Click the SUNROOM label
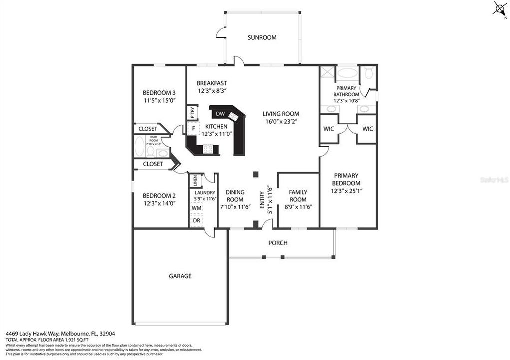pyautogui.click(x=262, y=37)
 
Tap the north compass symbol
pyautogui.click(x=500, y=8)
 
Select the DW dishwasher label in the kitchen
pyautogui.click(x=220, y=114)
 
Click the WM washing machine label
pyautogui.click(x=196, y=207)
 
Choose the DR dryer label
pyautogui.click(x=196, y=220)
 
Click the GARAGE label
pyautogui.click(x=180, y=276)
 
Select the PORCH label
pyautogui.click(x=278, y=243)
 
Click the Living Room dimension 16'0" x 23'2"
pyautogui.click(x=281, y=121)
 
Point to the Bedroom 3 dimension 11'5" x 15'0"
pyautogui.click(x=159, y=100)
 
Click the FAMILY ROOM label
pyautogui.click(x=298, y=196)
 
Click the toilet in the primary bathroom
pyautogui.click(x=369, y=74)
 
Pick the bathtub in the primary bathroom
pyautogui.click(x=347, y=73)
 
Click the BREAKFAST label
pyautogui.click(x=212, y=83)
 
